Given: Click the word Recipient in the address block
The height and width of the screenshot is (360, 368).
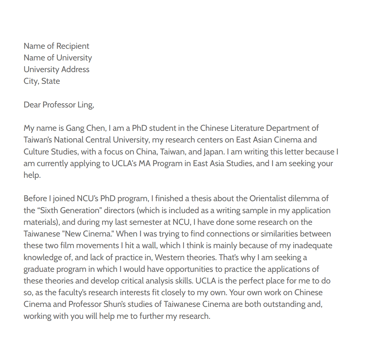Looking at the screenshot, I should (73, 46).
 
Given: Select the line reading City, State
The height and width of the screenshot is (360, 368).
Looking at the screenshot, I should (42, 81).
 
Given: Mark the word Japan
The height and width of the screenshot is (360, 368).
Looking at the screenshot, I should (213, 152).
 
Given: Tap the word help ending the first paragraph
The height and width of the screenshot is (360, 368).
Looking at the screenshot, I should (32, 175).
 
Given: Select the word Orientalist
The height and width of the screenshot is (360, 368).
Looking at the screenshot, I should (268, 199).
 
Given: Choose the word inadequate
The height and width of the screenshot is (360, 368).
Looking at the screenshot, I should (312, 246).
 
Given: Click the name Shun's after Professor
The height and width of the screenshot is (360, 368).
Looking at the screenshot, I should (114, 304).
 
